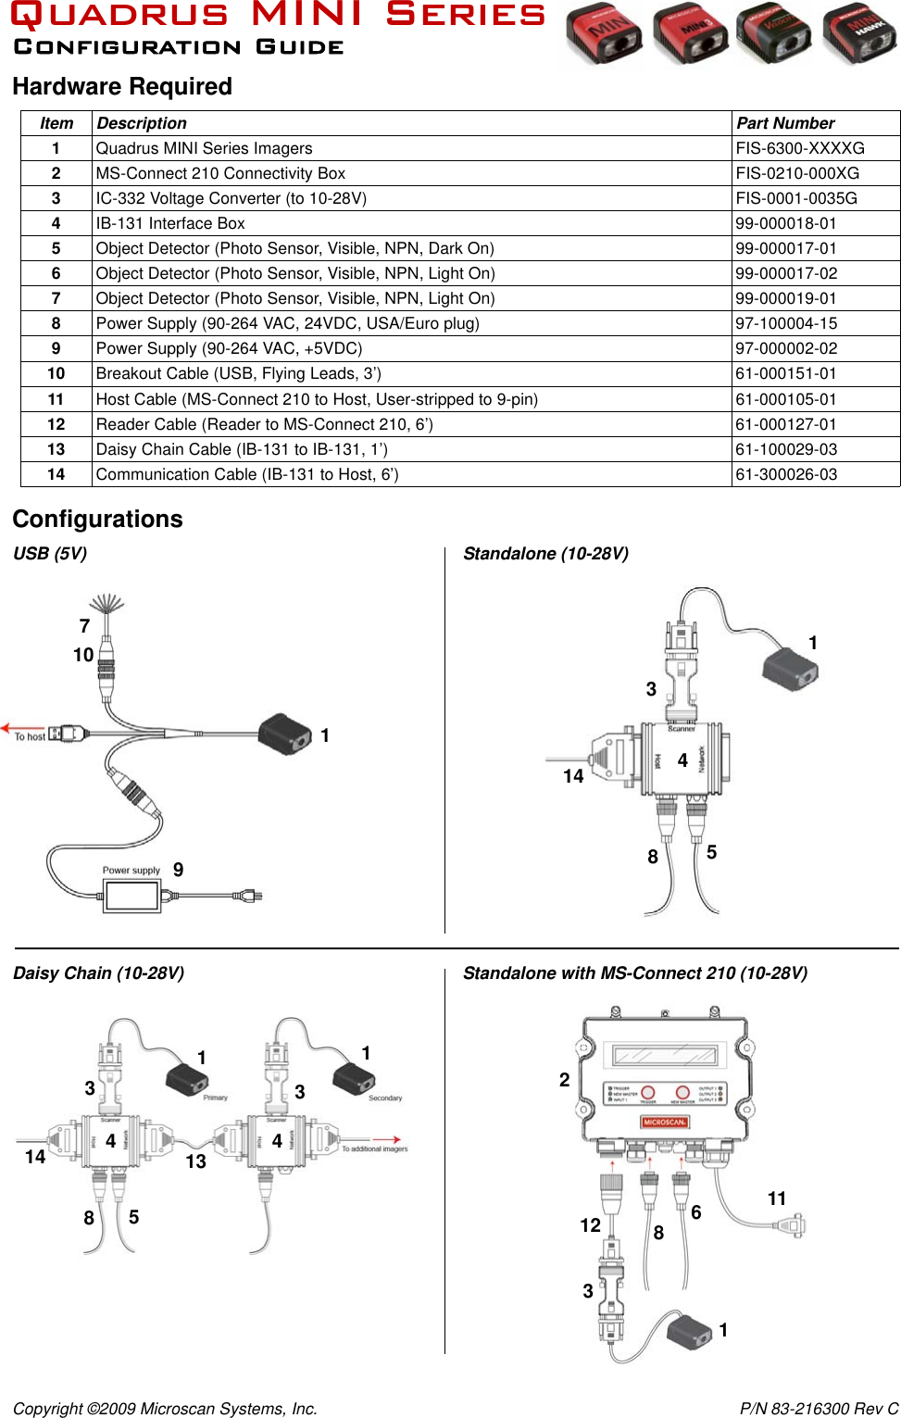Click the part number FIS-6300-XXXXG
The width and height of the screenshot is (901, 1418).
(799, 148)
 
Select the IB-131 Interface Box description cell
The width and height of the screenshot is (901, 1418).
(170, 223)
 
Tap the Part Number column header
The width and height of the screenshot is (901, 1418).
(785, 123)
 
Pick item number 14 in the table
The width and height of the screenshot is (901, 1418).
(56, 474)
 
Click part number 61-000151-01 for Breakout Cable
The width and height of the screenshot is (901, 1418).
(785, 373)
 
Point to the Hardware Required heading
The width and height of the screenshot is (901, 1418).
(122, 87)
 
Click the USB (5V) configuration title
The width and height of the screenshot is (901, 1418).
(50, 554)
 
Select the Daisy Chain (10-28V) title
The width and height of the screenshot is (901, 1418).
(98, 973)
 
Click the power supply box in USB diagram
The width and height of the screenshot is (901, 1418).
(132, 896)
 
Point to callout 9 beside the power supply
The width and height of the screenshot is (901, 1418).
(178, 870)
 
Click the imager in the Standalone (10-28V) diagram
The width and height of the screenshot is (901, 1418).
(790, 667)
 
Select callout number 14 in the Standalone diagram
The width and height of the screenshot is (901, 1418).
(573, 776)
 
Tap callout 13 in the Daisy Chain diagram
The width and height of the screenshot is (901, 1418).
(195, 1161)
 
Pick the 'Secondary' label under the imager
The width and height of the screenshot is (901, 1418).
(385, 1098)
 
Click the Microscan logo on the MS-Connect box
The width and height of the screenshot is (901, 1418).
(664, 1122)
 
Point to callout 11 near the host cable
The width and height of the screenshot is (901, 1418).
(777, 1198)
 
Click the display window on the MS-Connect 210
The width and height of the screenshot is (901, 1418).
(664, 1055)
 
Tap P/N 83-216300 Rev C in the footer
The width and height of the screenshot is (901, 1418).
(819, 1409)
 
